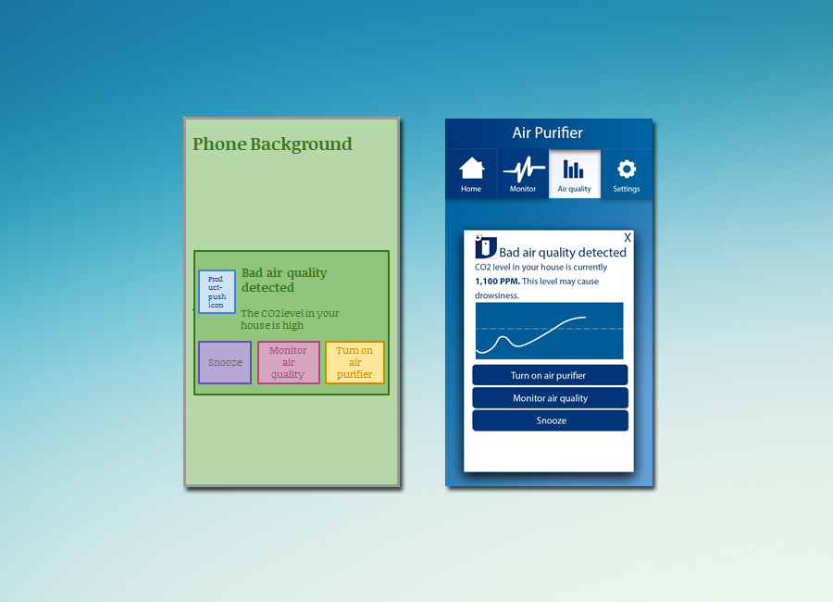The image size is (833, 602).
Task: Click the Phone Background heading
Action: pos(272,144)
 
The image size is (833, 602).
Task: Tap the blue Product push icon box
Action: pos(217,292)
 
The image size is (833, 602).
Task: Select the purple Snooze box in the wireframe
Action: pos(225,362)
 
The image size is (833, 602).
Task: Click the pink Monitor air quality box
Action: pos(288,362)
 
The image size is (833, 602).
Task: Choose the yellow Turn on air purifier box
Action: pos(354,362)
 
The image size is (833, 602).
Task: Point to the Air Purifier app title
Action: pos(548,133)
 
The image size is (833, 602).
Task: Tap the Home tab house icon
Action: pos(472,169)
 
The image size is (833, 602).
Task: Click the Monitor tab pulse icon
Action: pos(523,169)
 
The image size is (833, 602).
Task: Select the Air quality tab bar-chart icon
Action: pos(574,169)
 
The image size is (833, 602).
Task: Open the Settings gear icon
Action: pos(627,169)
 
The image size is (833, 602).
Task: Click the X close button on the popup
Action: pos(628,238)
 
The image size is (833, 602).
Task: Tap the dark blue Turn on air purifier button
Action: pos(549,375)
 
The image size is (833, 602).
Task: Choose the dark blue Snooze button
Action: pos(551,420)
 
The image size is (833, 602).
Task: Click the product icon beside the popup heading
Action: pos(485,247)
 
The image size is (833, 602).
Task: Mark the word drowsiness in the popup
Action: pos(497,295)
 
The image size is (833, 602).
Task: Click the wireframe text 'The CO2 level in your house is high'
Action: pos(290,320)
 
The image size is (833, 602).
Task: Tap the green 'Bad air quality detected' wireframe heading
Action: pos(284,280)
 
